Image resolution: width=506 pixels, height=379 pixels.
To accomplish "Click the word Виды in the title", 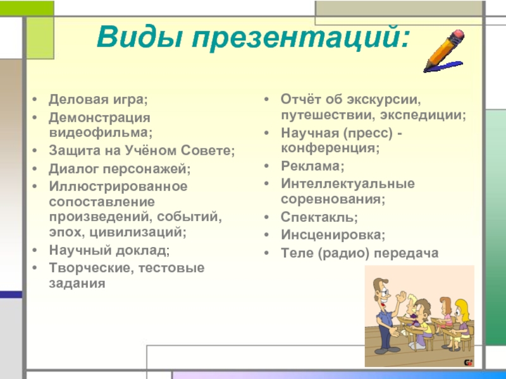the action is point(139,36).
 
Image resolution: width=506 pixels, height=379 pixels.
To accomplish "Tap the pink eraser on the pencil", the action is point(458,35).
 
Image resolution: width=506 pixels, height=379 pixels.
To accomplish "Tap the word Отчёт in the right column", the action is point(301,99).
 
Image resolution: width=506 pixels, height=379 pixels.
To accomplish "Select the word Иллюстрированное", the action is point(118,186).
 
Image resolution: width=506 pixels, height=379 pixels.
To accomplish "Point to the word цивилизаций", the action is point(138,232).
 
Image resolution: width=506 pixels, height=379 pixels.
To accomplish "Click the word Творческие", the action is point(90,268).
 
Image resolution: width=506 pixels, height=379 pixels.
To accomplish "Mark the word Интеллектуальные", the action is point(347,184).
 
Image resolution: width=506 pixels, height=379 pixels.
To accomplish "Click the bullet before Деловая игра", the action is point(35,99).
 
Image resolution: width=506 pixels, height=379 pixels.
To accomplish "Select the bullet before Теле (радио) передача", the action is point(266,253).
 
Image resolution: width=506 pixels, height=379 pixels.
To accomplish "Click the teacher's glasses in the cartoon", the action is point(384,293).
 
